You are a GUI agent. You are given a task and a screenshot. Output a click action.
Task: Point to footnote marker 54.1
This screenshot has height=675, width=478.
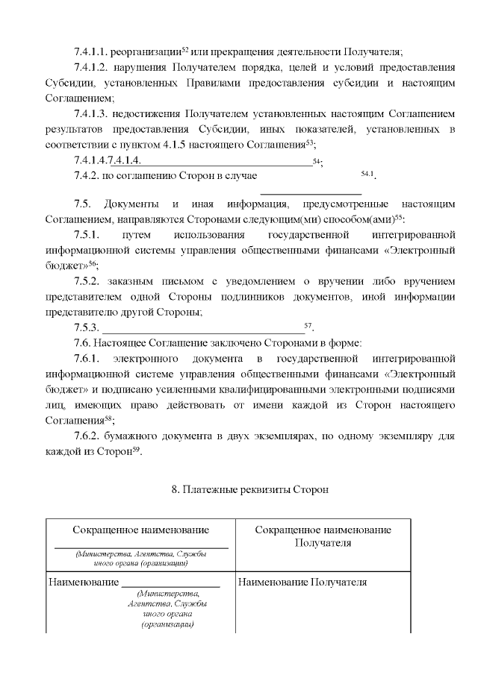367,174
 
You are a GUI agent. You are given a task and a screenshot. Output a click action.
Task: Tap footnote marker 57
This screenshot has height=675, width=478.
308,326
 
